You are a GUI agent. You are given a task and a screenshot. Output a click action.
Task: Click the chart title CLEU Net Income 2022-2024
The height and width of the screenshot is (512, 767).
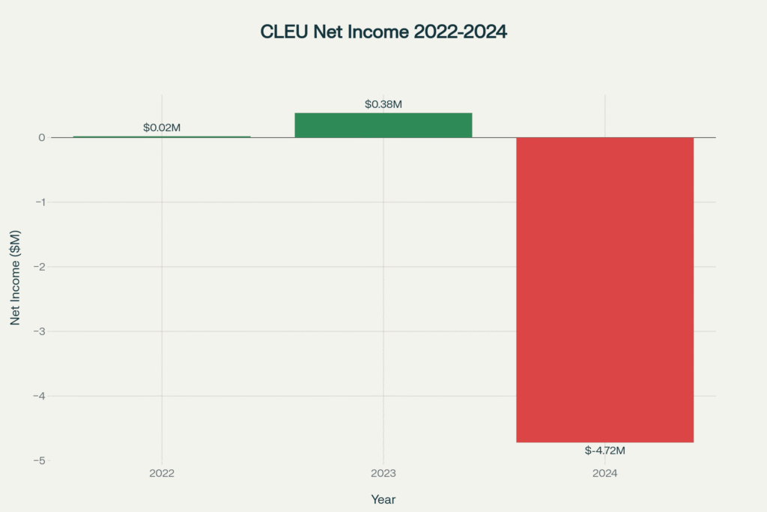point(383,32)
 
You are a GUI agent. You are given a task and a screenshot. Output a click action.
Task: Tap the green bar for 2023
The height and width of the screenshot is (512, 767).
point(383,125)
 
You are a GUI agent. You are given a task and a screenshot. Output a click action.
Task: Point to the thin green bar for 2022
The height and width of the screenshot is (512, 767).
point(162,136)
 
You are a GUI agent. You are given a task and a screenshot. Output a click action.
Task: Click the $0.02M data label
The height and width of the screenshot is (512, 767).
point(162,128)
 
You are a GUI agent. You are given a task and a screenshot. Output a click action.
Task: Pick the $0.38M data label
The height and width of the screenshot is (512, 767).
point(383,104)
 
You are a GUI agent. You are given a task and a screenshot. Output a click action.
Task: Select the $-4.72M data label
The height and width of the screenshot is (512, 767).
point(604,451)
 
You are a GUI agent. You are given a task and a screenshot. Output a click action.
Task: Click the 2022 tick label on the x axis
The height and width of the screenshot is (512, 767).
point(162,474)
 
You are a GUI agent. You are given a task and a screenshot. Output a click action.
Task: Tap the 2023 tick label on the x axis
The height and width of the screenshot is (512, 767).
point(383,474)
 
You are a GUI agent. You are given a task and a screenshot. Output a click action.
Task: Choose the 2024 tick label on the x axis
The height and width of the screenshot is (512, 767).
point(604,474)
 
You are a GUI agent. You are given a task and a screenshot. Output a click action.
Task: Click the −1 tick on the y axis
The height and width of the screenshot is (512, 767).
point(40,202)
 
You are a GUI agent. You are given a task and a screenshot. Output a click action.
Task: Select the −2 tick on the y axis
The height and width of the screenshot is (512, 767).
point(40,267)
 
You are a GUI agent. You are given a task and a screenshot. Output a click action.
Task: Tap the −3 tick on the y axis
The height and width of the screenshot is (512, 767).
point(40,331)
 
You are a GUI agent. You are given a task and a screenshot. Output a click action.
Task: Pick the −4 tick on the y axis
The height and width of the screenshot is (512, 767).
point(40,396)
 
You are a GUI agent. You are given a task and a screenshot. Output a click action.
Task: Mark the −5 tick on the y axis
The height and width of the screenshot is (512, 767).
point(40,460)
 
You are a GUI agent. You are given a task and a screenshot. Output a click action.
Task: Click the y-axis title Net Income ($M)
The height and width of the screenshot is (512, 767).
point(15,277)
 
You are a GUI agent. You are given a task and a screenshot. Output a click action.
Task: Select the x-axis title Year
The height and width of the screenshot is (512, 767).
point(383,499)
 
